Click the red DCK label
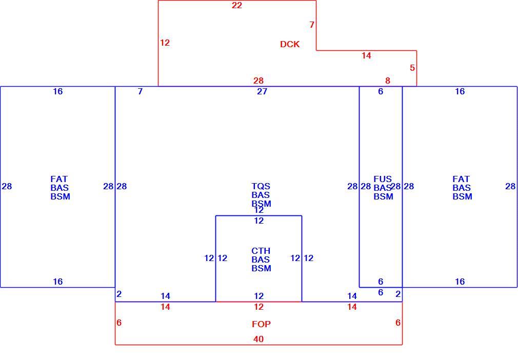point(290,44)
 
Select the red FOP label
point(261,324)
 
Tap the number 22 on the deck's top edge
point(237,5)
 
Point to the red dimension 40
point(258,339)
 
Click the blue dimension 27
point(262,91)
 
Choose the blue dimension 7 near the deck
point(141,91)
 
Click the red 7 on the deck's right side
point(312,25)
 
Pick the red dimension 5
point(412,68)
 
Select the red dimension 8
point(388,81)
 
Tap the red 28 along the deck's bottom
point(258,81)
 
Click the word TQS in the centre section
point(261,186)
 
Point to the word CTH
point(261,251)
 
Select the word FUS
point(383,179)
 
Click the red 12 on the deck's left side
point(165,43)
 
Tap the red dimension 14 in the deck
point(366,55)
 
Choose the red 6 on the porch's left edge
point(119,323)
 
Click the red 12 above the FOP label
point(258,307)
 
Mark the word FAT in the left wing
point(59,179)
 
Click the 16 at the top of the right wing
point(460,91)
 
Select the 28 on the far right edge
point(510,186)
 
